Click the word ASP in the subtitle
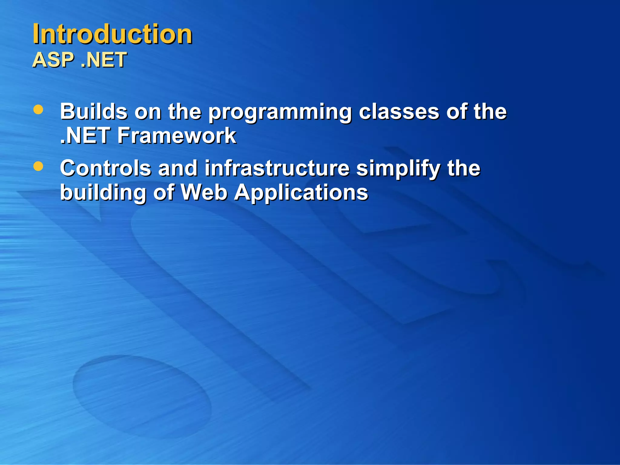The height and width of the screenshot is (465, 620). tap(53, 60)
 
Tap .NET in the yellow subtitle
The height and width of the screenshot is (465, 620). tap(104, 60)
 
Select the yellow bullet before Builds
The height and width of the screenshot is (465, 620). tap(38, 110)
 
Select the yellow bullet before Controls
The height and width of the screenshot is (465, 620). tap(38, 166)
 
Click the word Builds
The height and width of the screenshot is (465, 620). tap(94, 111)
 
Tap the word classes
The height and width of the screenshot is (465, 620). tap(399, 111)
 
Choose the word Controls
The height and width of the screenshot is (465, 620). tap(105, 168)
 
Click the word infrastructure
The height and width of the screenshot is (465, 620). tap(277, 168)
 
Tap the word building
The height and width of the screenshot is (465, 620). tap(103, 193)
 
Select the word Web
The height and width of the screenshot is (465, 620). tap(204, 192)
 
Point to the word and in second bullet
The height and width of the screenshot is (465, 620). tap(178, 168)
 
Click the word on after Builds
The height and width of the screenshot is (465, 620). tap(148, 111)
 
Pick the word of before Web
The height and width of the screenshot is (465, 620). tap(164, 192)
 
